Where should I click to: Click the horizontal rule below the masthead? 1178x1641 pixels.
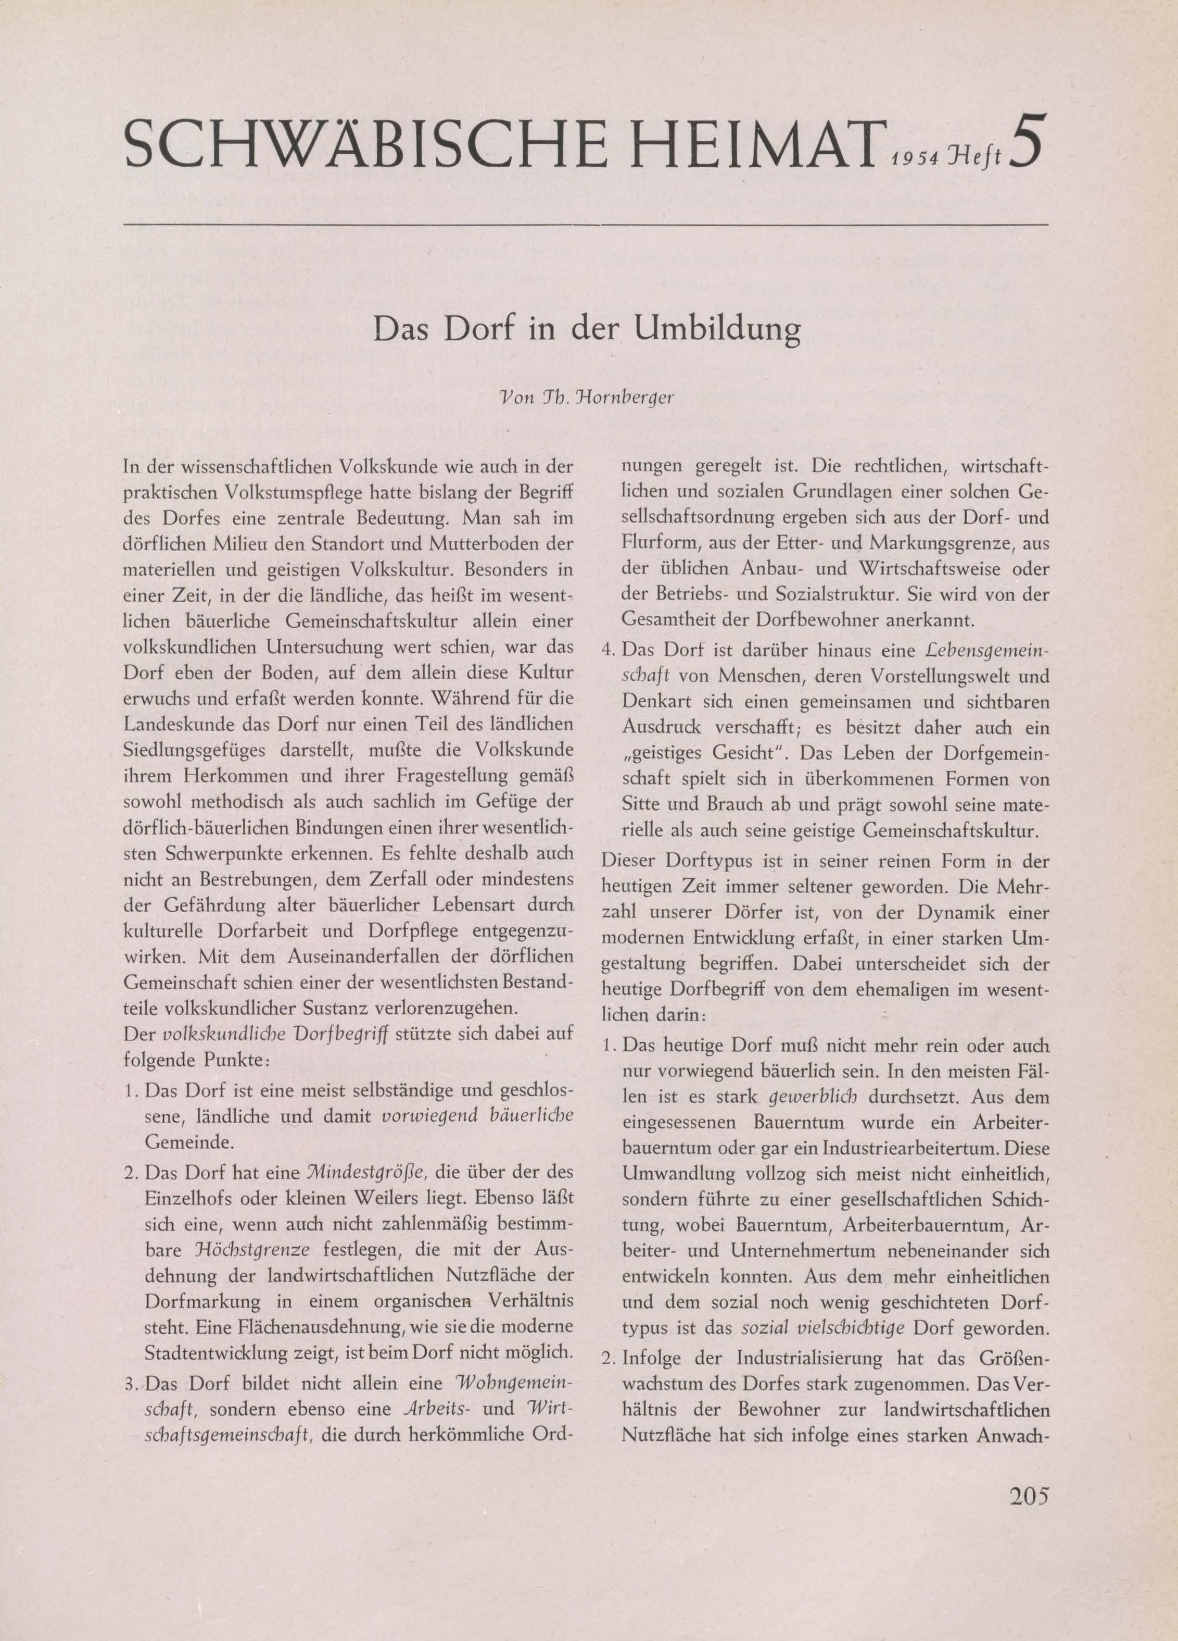pyautogui.click(x=586, y=225)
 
